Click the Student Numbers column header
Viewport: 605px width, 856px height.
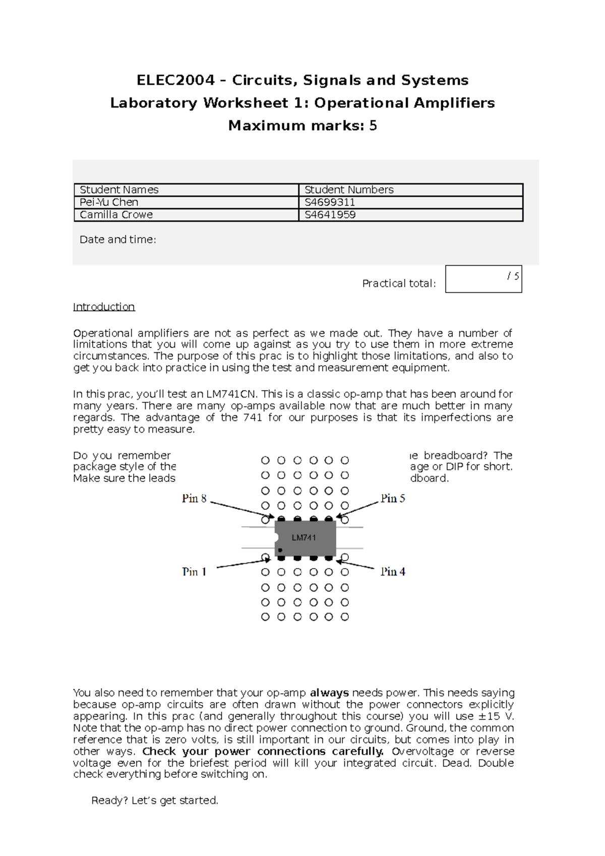tap(349, 190)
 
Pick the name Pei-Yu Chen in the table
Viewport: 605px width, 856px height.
tap(109, 202)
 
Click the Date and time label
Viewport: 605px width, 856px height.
tap(117, 239)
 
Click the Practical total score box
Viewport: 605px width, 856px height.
tap(483, 279)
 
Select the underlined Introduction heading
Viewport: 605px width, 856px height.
tap(104, 307)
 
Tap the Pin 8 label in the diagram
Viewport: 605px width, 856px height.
tap(194, 499)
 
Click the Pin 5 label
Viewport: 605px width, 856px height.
tap(393, 499)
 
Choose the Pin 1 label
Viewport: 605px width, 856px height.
tap(194, 572)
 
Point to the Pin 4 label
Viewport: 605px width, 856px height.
tap(393, 572)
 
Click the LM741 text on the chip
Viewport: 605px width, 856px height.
tap(304, 537)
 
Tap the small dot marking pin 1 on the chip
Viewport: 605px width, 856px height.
tap(280, 550)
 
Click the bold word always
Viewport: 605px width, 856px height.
tap(329, 693)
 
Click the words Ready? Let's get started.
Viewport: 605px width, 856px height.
tap(155, 801)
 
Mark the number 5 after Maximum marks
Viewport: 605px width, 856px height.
tap(373, 126)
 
